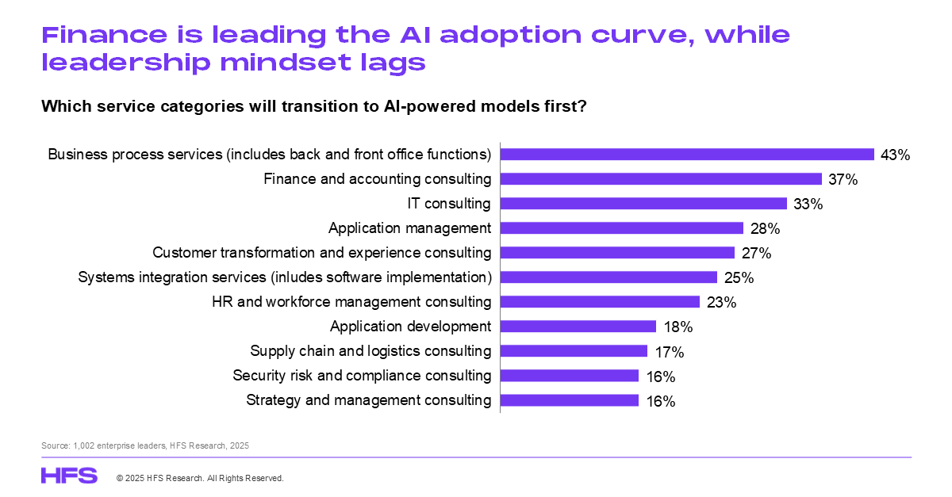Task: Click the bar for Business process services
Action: [687, 155]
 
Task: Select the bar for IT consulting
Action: [643, 204]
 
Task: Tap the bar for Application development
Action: [578, 327]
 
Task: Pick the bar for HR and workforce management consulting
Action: [600, 302]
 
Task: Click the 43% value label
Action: [895, 155]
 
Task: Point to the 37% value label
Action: [843, 180]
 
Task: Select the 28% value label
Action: [766, 229]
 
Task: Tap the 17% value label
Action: [670, 352]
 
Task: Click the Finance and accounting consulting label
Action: [378, 179]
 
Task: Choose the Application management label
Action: [410, 228]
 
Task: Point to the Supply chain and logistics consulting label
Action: [370, 350]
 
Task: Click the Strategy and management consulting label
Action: [369, 400]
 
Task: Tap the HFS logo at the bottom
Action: [69, 476]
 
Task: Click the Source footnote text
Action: [145, 446]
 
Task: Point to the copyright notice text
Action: [200, 479]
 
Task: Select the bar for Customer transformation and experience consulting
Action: [617, 253]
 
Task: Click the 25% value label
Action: [739, 278]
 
